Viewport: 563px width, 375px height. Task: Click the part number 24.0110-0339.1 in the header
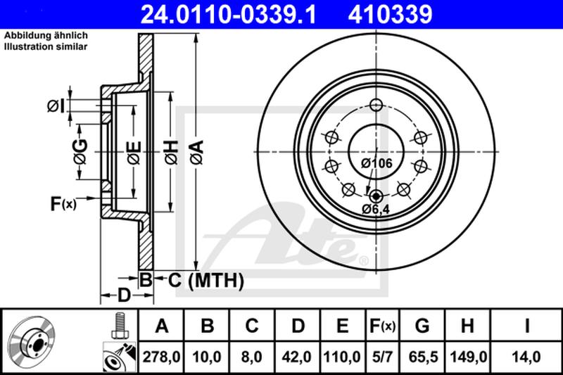coord(223,13)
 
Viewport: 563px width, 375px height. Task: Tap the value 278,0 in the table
coord(163,357)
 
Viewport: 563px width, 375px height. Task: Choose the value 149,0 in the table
coord(467,357)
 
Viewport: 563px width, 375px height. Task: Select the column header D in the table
coord(298,326)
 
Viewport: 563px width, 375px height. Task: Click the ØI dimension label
coord(56,106)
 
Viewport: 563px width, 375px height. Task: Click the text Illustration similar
coord(46,46)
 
